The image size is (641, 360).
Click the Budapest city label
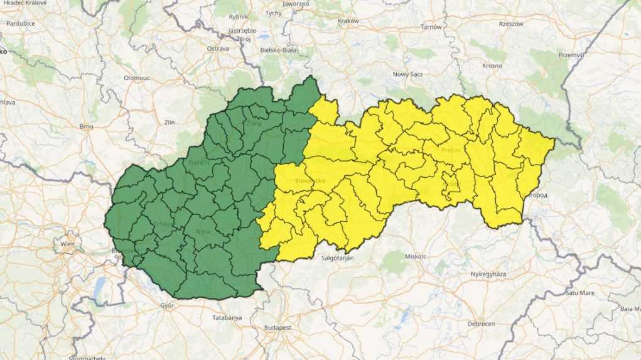[x=278, y=328]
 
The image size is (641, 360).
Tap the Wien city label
[x=67, y=244]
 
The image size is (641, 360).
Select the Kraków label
[x=348, y=21]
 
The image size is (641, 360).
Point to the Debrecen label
[x=481, y=324]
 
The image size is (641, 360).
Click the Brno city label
[x=86, y=126]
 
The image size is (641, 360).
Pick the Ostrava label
[x=218, y=48]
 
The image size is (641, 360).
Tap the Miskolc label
[x=416, y=256]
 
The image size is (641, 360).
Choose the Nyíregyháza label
[x=488, y=275]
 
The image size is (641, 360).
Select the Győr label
[x=167, y=305]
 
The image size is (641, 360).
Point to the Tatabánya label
[x=227, y=318]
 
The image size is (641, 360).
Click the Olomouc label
[x=136, y=78]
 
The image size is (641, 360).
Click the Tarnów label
[x=431, y=27]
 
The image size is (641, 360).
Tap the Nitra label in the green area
[x=203, y=231]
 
